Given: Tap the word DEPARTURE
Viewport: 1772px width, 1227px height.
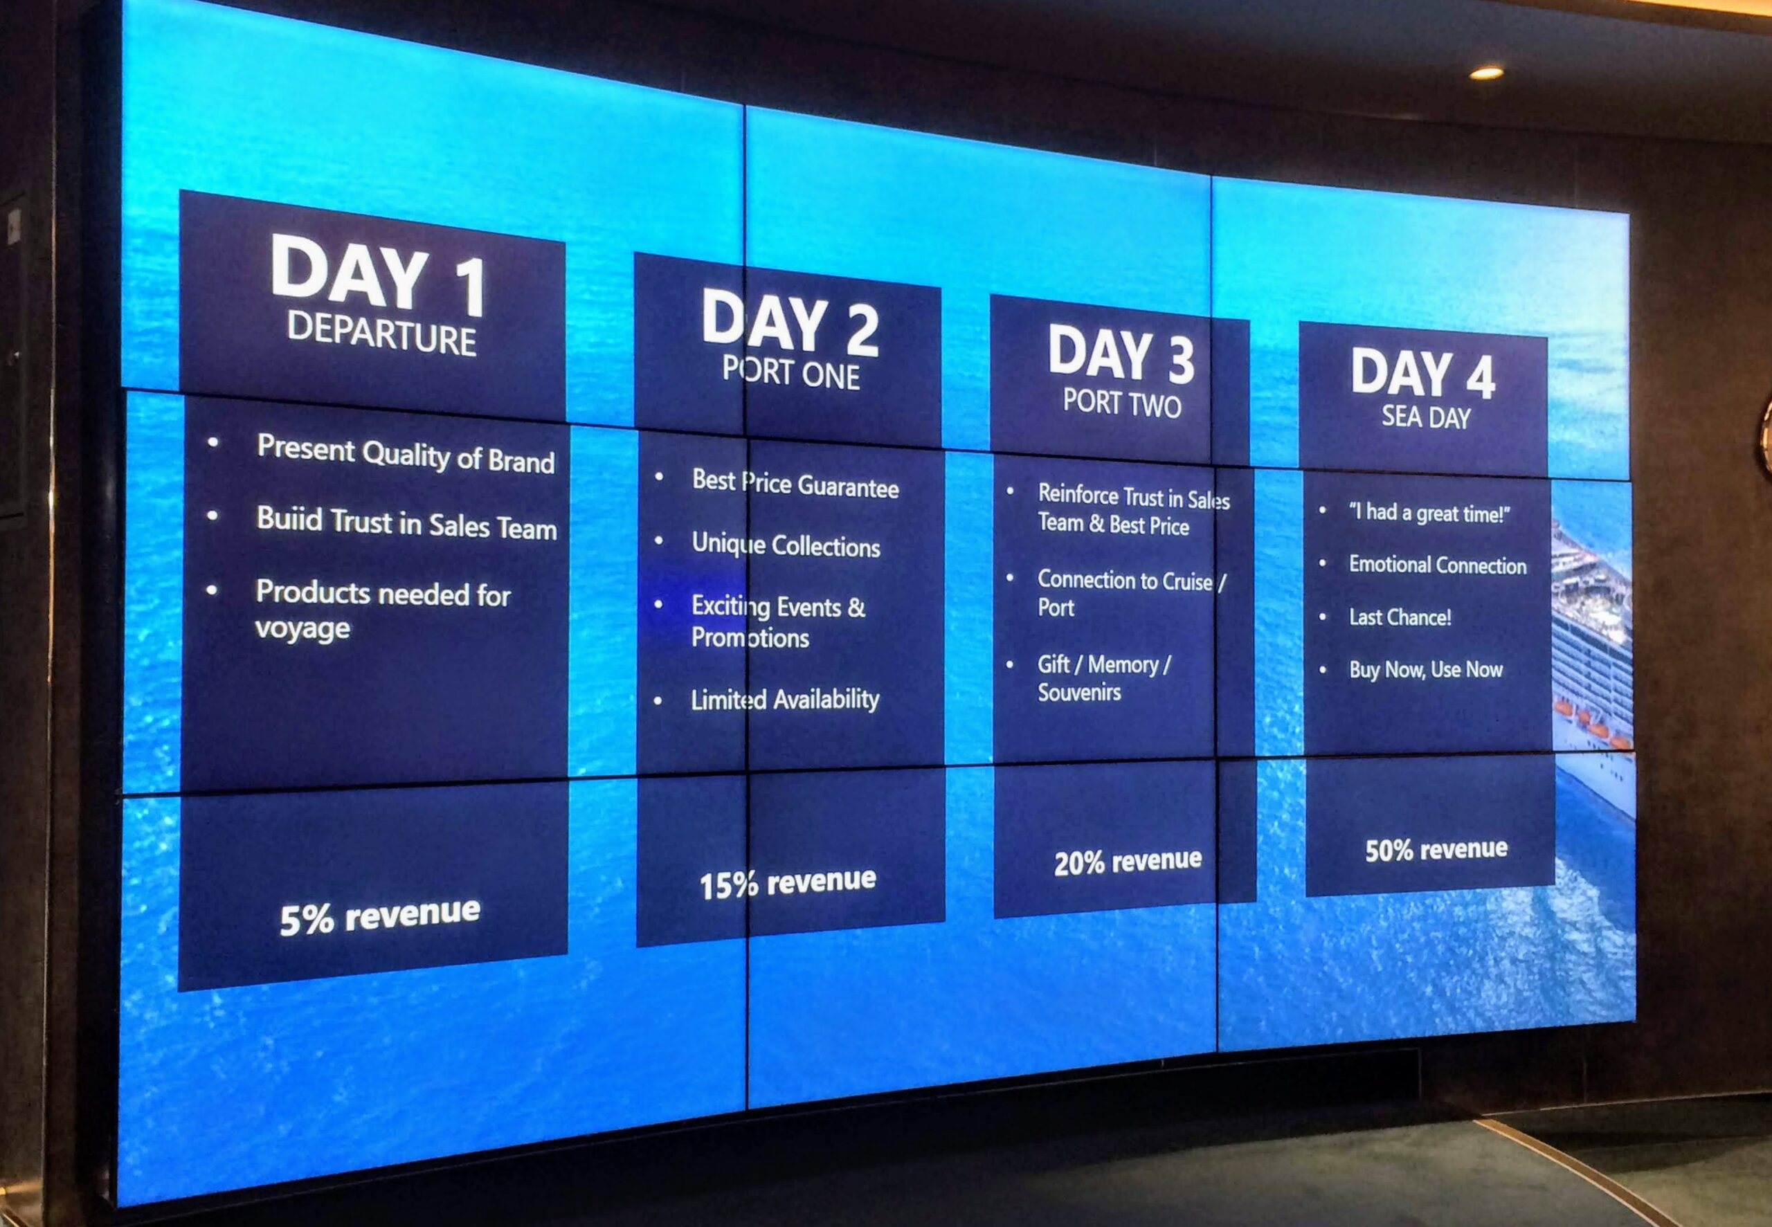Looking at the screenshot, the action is pos(382,334).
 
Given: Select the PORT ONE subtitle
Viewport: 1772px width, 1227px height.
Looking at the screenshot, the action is pos(790,373).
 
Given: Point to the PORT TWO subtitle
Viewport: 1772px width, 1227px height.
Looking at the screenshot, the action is pos(1121,403).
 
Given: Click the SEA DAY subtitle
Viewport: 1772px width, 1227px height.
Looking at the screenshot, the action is pos(1426,417).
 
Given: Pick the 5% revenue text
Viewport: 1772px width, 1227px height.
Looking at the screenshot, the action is pos(380,916).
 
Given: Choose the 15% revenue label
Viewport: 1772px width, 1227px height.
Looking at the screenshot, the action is pos(787,882).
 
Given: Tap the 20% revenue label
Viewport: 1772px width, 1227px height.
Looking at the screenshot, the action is pos(1128,861).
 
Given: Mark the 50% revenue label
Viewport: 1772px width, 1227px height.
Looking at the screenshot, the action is pos(1436,848).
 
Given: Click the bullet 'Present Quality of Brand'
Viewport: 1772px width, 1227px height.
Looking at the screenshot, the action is pos(405,453).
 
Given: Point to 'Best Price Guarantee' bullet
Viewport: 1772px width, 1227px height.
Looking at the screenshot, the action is pos(795,484).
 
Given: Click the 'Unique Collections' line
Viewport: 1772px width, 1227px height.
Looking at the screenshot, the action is pos(786,545).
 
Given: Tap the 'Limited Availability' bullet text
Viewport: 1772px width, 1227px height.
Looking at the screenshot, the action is pos(785,699).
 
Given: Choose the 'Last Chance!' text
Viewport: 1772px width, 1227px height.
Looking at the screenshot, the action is pos(1400,617).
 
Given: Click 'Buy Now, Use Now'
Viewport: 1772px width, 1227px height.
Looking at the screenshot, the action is pos(1425,670).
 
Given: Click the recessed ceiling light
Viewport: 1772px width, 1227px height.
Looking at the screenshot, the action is pos(1487,73).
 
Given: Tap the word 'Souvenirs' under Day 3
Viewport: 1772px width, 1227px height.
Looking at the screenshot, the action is pos(1079,692).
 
